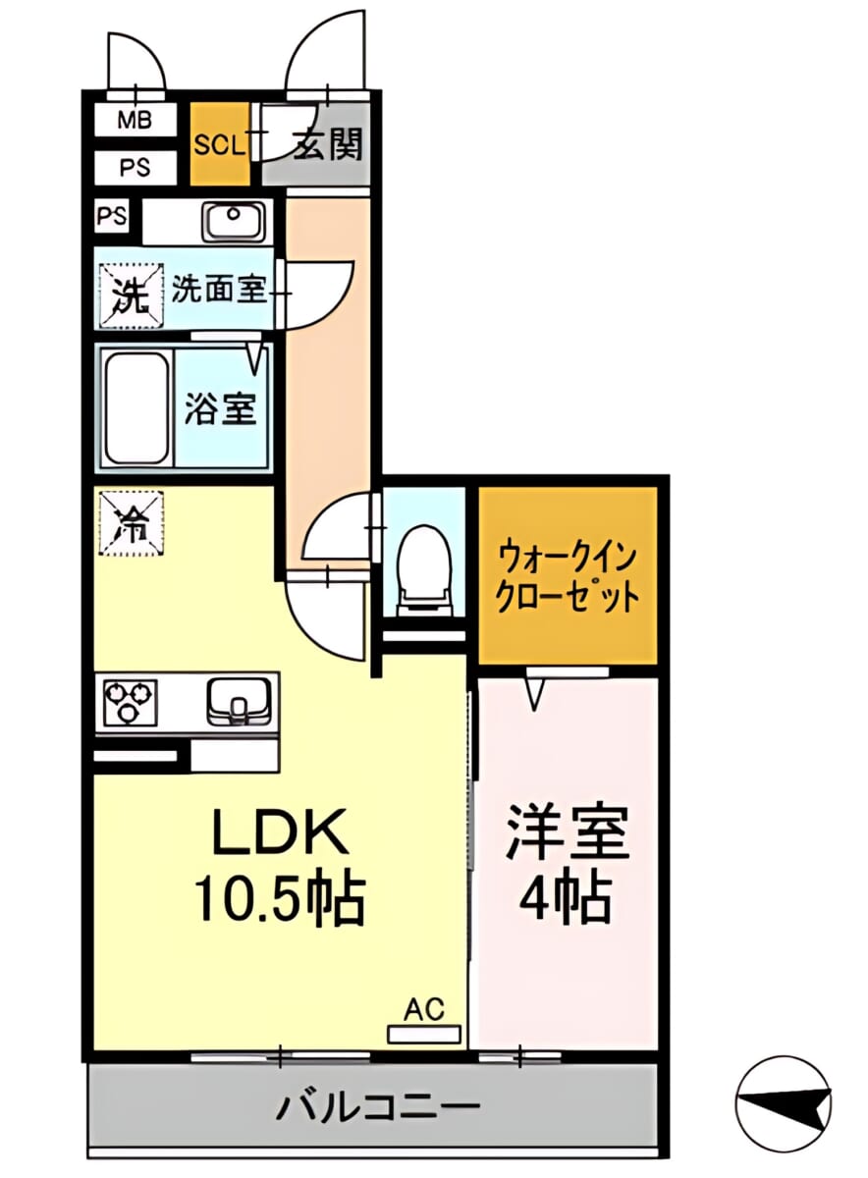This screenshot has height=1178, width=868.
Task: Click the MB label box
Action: [135, 120]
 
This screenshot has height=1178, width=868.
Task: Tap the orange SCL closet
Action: [220, 143]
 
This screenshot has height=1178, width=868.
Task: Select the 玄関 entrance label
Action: [327, 144]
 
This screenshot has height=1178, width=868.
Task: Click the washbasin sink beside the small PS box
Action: [232, 221]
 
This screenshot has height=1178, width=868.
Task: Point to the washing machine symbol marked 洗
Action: [132, 296]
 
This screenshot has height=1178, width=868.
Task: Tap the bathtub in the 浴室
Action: [137, 408]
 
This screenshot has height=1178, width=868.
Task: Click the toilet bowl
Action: [424, 571]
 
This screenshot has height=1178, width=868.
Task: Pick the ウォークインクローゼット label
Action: [569, 578]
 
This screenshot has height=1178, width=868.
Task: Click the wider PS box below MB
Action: [135, 168]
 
